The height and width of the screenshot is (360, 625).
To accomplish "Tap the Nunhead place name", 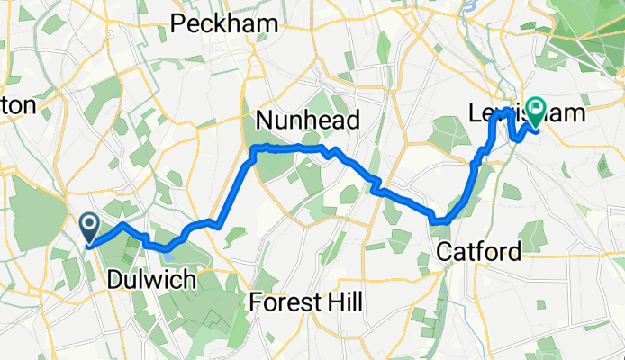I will click(x=308, y=120).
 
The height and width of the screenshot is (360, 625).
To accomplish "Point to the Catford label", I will click(x=477, y=251).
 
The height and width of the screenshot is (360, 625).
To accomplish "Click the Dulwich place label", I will click(x=150, y=280).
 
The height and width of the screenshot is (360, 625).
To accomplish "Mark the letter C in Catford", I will click(x=443, y=251).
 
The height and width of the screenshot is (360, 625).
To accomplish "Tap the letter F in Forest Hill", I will click(x=257, y=302).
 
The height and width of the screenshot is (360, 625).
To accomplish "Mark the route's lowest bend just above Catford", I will click(x=439, y=220).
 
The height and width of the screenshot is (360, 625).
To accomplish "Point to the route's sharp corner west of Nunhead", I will click(x=254, y=148).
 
